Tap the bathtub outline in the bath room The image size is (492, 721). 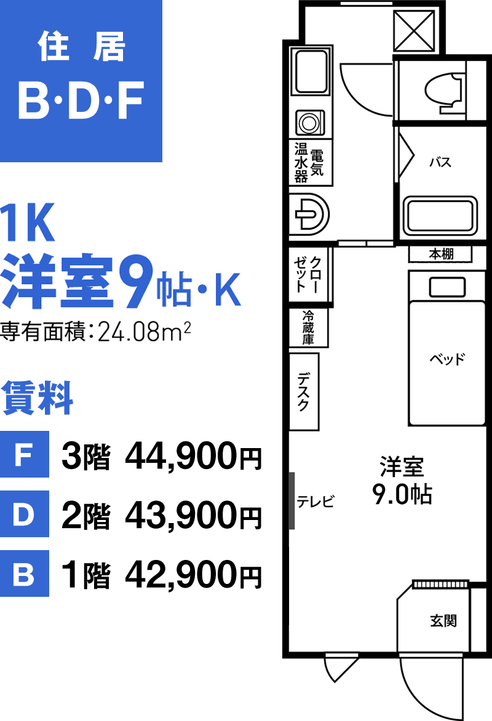[x=440, y=215]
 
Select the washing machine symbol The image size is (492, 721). [x=309, y=122]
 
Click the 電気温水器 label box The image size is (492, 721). [x=310, y=162]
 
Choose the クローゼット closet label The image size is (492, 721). [x=309, y=275]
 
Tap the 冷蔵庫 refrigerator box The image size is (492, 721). [x=308, y=327]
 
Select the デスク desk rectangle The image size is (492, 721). [x=304, y=391]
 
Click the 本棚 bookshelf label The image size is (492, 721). [x=441, y=253]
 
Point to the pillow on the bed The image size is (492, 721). [x=447, y=288]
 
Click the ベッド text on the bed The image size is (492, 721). [x=447, y=359]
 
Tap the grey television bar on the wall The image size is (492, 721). [x=292, y=500]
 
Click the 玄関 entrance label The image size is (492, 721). [x=443, y=621]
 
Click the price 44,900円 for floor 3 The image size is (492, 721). [x=193, y=457]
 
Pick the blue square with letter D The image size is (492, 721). [x=25, y=514]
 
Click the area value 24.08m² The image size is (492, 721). [x=144, y=331]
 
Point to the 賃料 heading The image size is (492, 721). [x=38, y=398]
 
